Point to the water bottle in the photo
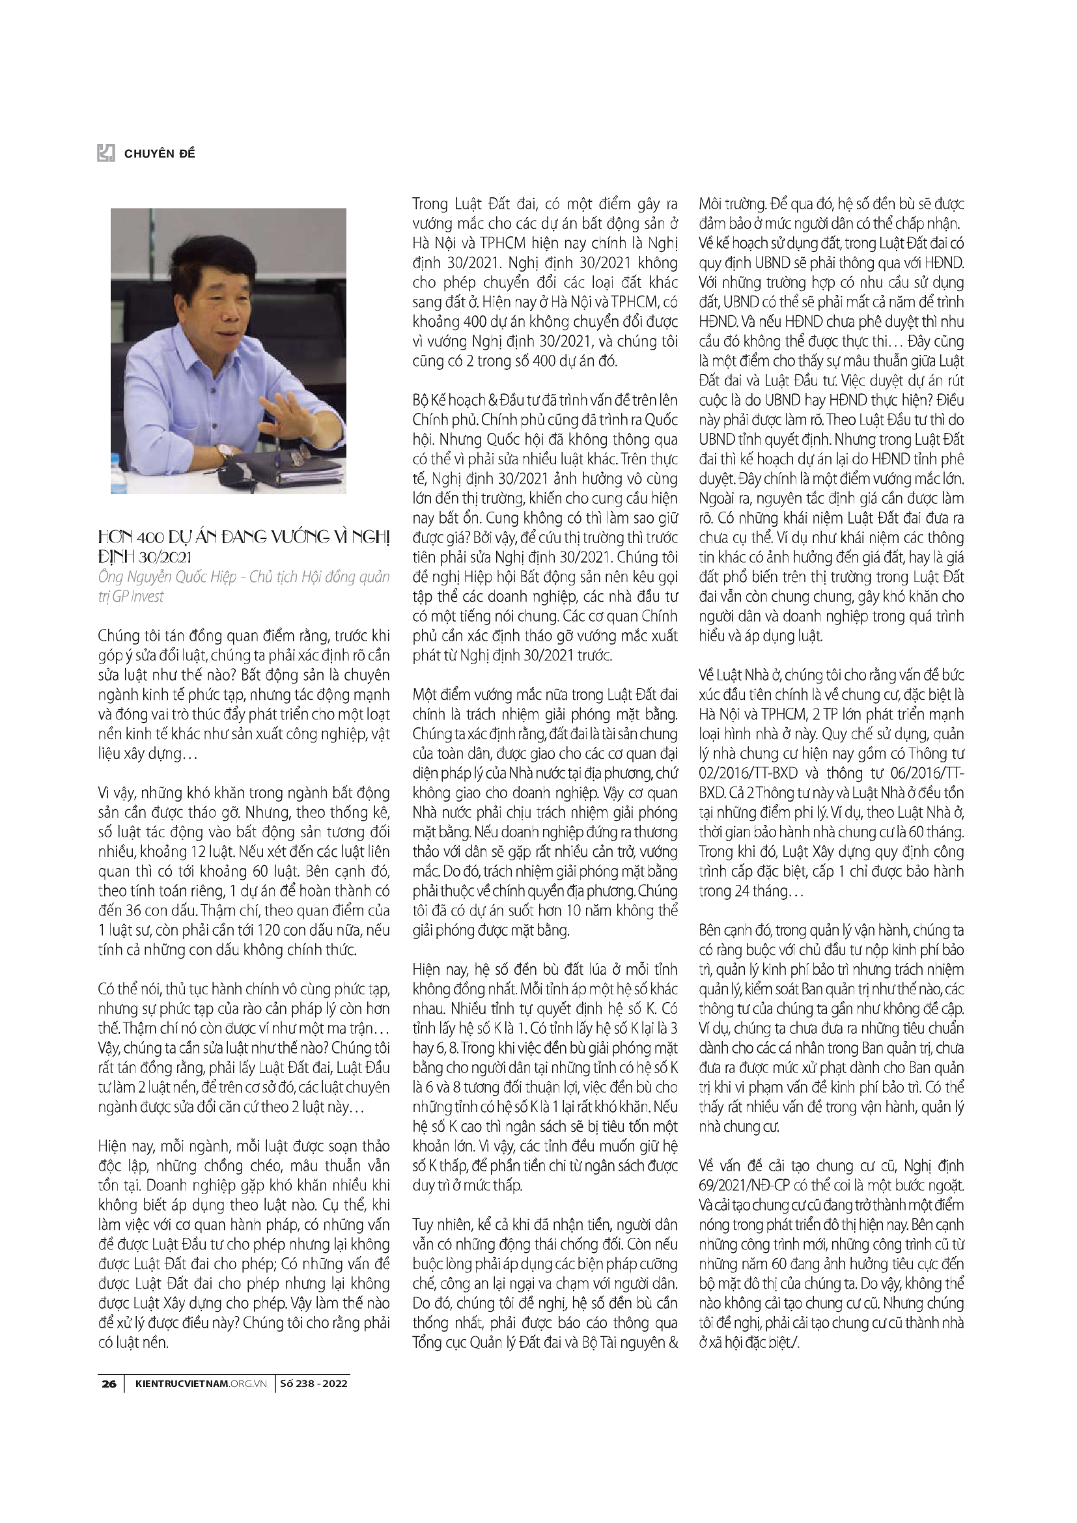coord(119,475)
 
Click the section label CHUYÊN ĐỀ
coord(160,154)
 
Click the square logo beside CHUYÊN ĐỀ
coord(106,153)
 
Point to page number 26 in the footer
coord(109,1384)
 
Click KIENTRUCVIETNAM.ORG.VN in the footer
coord(201,1384)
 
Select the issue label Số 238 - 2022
coord(314,1384)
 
